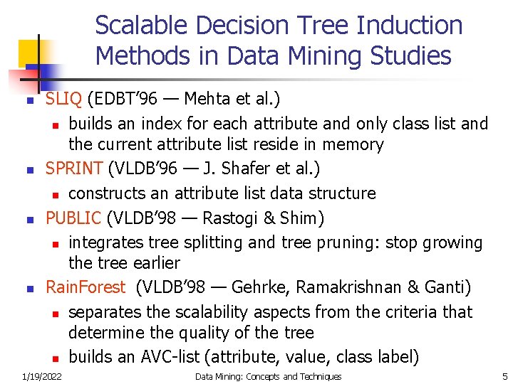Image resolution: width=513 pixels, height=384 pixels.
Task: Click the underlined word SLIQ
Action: [62, 98]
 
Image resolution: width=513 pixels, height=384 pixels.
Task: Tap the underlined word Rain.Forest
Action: [85, 287]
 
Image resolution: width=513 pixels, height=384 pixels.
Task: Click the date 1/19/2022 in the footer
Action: [41, 376]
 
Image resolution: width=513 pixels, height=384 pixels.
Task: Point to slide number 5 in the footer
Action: [504, 376]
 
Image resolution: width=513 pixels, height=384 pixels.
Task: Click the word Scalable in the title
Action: [142, 26]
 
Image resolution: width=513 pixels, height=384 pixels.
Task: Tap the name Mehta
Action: [212, 98]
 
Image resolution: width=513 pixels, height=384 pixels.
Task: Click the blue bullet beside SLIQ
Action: [30, 102]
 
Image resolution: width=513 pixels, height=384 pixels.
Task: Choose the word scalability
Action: [201, 312]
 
